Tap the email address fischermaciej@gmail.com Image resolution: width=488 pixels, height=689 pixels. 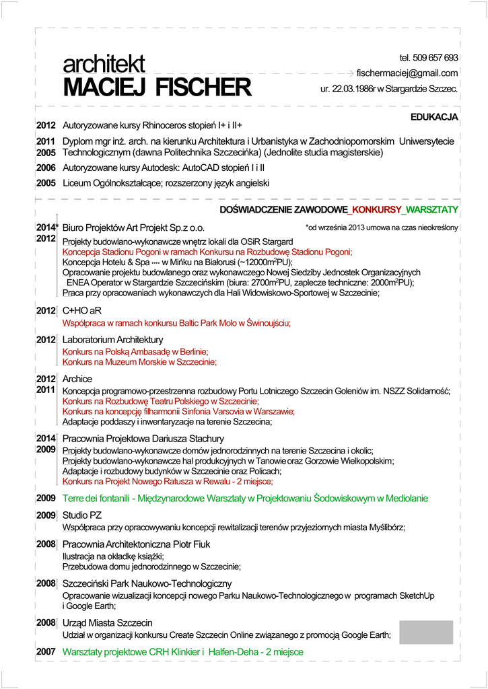(407, 73)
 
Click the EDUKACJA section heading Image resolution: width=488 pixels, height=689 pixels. (434, 117)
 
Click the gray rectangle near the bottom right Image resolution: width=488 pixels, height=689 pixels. (426, 632)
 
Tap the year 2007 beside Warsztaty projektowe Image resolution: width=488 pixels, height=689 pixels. (46, 652)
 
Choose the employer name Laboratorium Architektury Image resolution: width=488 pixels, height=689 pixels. (112, 340)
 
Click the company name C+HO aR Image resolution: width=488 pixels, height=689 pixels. (82, 311)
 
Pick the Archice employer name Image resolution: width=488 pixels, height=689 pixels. (77, 379)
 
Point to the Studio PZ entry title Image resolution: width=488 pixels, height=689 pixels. (82, 515)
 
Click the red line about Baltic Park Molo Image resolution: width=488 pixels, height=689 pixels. (176, 324)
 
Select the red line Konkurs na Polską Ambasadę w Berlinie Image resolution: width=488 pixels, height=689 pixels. (135, 351)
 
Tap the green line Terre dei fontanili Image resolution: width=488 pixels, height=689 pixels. (245, 499)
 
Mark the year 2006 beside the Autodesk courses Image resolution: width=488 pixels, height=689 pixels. (46, 168)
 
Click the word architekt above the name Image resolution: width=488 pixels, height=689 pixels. (104, 65)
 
